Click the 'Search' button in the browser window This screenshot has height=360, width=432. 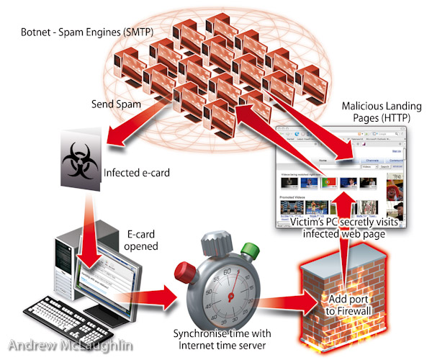tap(385, 166)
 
